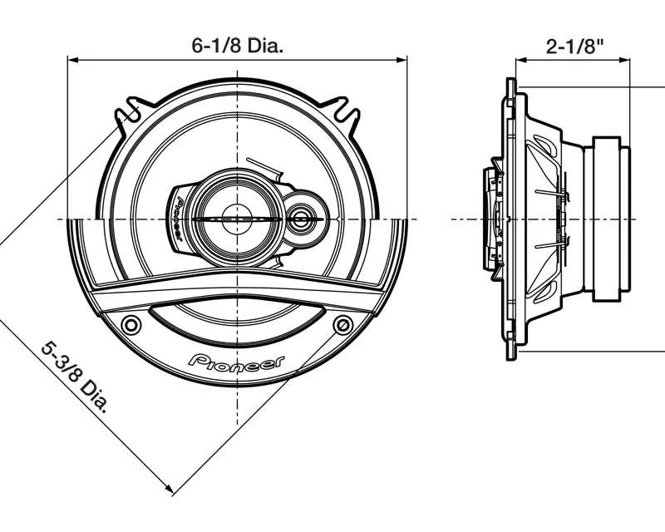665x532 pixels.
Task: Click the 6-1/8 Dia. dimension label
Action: point(238,47)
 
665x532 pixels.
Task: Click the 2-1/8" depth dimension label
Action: point(574,47)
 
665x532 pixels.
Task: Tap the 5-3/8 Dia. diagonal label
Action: point(76,377)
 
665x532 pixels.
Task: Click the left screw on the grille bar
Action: point(131,323)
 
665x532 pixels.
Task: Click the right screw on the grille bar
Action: point(342,323)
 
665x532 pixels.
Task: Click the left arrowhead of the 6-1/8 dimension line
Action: point(72,60)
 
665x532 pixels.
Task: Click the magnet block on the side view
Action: point(611,219)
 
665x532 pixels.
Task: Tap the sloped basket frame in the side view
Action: point(557,166)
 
